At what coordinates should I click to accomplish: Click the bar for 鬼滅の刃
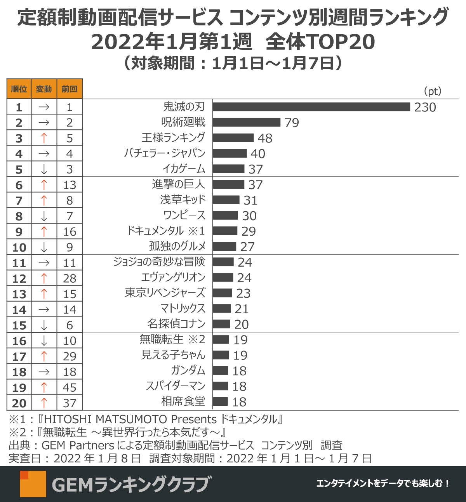coord(311,107)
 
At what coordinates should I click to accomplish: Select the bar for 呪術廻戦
coord(246,122)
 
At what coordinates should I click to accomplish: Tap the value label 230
coord(425,107)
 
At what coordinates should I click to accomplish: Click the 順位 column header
coord(19,89)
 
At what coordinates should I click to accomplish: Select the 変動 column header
coord(44,89)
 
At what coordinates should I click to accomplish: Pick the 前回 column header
coord(70,89)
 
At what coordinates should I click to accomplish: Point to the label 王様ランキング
coord(173,137)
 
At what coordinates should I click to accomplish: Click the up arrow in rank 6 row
coord(44,185)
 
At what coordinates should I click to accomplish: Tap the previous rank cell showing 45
coord(70,387)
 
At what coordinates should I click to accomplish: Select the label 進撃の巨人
coord(178,184)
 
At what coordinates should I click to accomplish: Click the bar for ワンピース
coord(225,215)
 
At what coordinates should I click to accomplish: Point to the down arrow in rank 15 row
coord(44,325)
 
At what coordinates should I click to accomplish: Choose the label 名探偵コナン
coord(176,324)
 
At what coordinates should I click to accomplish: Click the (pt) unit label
coord(432,91)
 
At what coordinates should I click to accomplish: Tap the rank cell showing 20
coord(19,403)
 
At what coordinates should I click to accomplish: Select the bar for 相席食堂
coord(220,401)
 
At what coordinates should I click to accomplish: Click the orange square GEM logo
coord(33,484)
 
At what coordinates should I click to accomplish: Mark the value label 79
coord(292,123)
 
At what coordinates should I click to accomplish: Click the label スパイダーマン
coord(175,386)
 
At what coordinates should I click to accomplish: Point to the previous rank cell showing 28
coord(70,278)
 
